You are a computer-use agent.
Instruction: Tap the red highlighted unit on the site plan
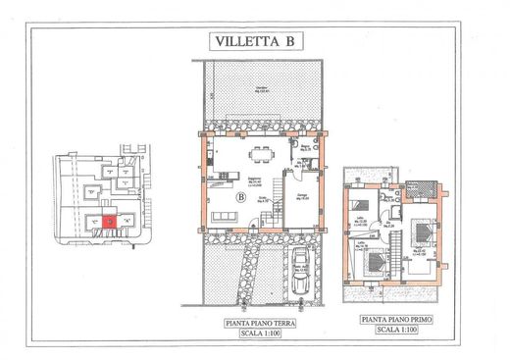point(110,222)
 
